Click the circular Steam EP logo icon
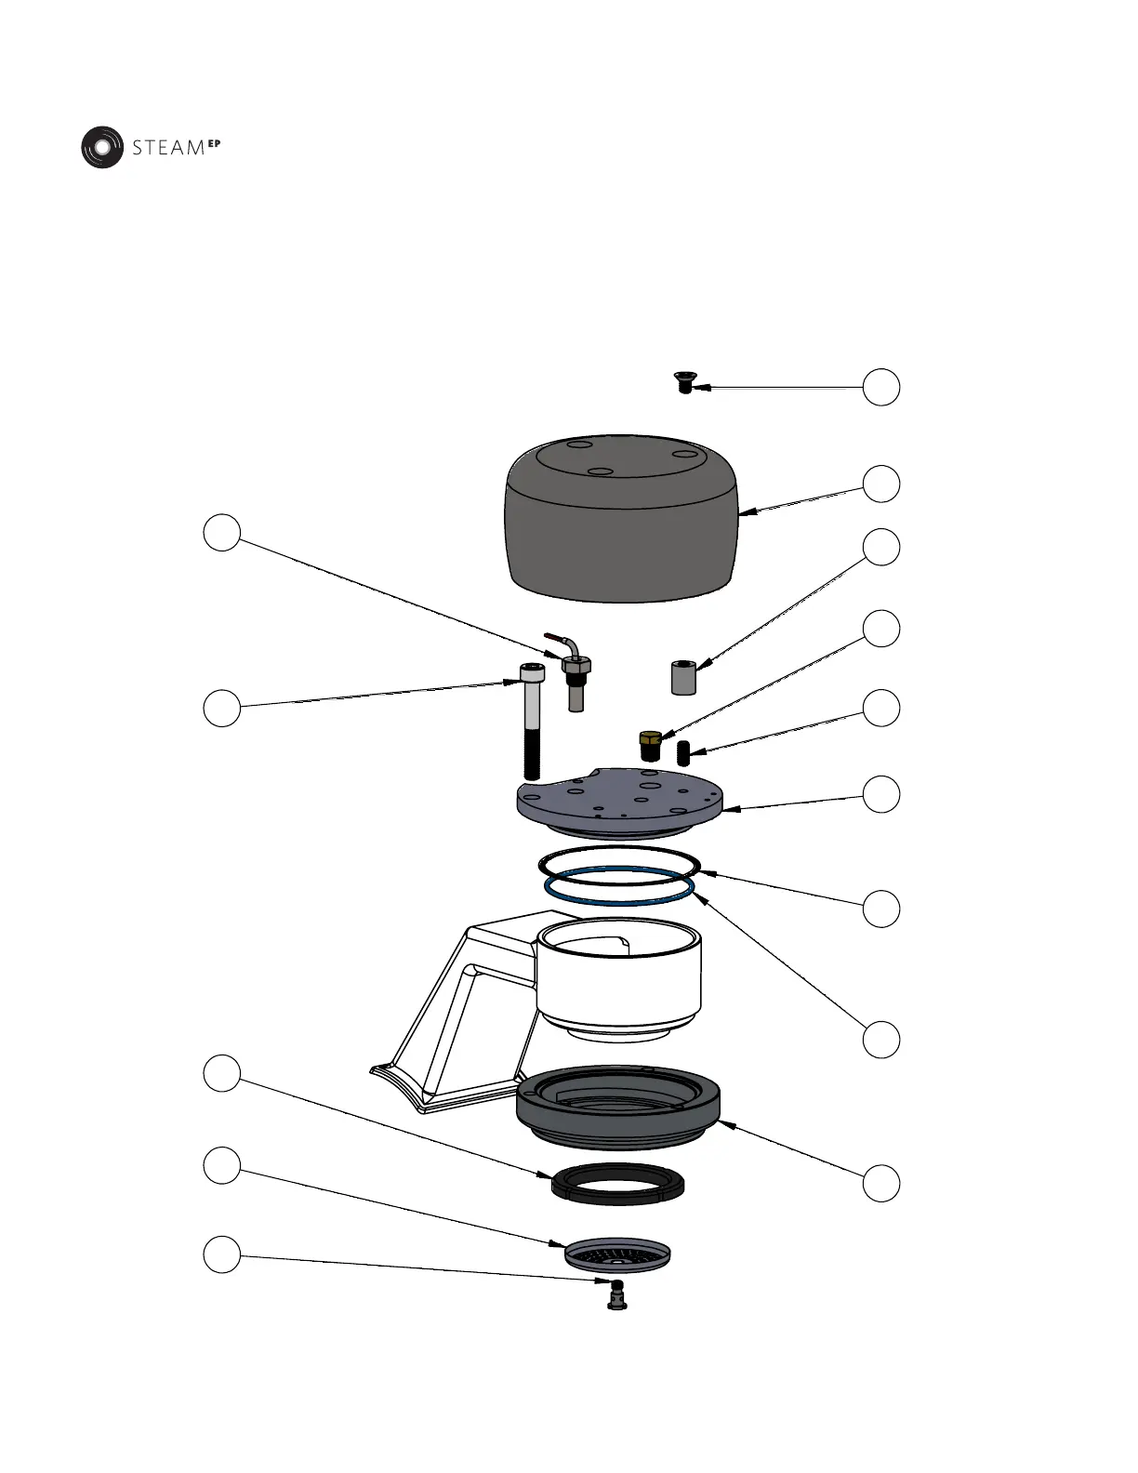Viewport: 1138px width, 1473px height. click(x=101, y=147)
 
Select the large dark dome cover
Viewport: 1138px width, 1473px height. click(x=620, y=525)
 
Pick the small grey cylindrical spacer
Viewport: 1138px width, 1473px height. click(x=684, y=677)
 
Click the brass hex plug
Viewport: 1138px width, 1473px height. click(x=650, y=744)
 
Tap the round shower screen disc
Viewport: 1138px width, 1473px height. click(x=617, y=1253)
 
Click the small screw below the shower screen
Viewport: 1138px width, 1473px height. click(x=614, y=1294)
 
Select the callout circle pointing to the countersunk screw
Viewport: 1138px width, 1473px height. click(x=880, y=387)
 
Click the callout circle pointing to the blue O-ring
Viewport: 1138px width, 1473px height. click(x=880, y=1039)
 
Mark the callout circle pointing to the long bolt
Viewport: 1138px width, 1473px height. click(x=221, y=708)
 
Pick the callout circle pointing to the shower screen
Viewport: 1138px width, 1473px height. click(x=221, y=1165)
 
